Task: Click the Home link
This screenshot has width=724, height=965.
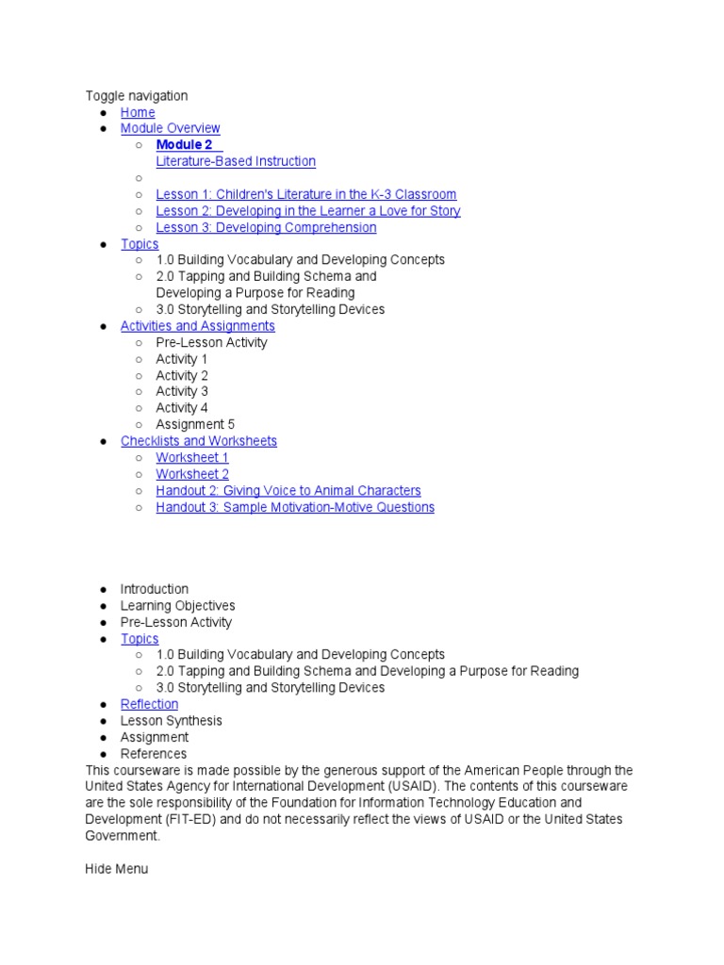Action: pos(138,112)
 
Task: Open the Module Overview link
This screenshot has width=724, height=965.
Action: pos(170,128)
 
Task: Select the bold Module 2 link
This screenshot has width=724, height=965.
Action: pos(185,145)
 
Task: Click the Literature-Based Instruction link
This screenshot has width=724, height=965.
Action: pos(236,161)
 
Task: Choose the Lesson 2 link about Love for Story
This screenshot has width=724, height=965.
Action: pos(307,211)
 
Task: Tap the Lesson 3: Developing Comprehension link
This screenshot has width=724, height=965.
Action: pos(266,227)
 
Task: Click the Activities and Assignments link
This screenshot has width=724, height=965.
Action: pos(197,326)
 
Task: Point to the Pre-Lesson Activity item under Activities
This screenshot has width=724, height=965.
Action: pos(211,342)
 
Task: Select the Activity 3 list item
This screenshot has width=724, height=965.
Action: pos(182,391)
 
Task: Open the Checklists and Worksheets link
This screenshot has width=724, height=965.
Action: pos(198,441)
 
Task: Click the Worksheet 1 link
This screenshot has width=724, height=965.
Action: pos(192,457)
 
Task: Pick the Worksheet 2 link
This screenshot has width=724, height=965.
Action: pos(192,474)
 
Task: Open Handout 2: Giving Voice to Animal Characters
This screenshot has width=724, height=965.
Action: pos(288,490)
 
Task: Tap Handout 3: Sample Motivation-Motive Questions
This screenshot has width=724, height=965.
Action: pos(295,507)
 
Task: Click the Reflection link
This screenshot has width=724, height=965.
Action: pos(149,704)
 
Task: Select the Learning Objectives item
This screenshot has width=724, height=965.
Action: pos(177,605)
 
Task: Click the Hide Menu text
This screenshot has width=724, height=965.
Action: pos(116,868)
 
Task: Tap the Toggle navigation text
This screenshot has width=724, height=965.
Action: pos(137,95)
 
